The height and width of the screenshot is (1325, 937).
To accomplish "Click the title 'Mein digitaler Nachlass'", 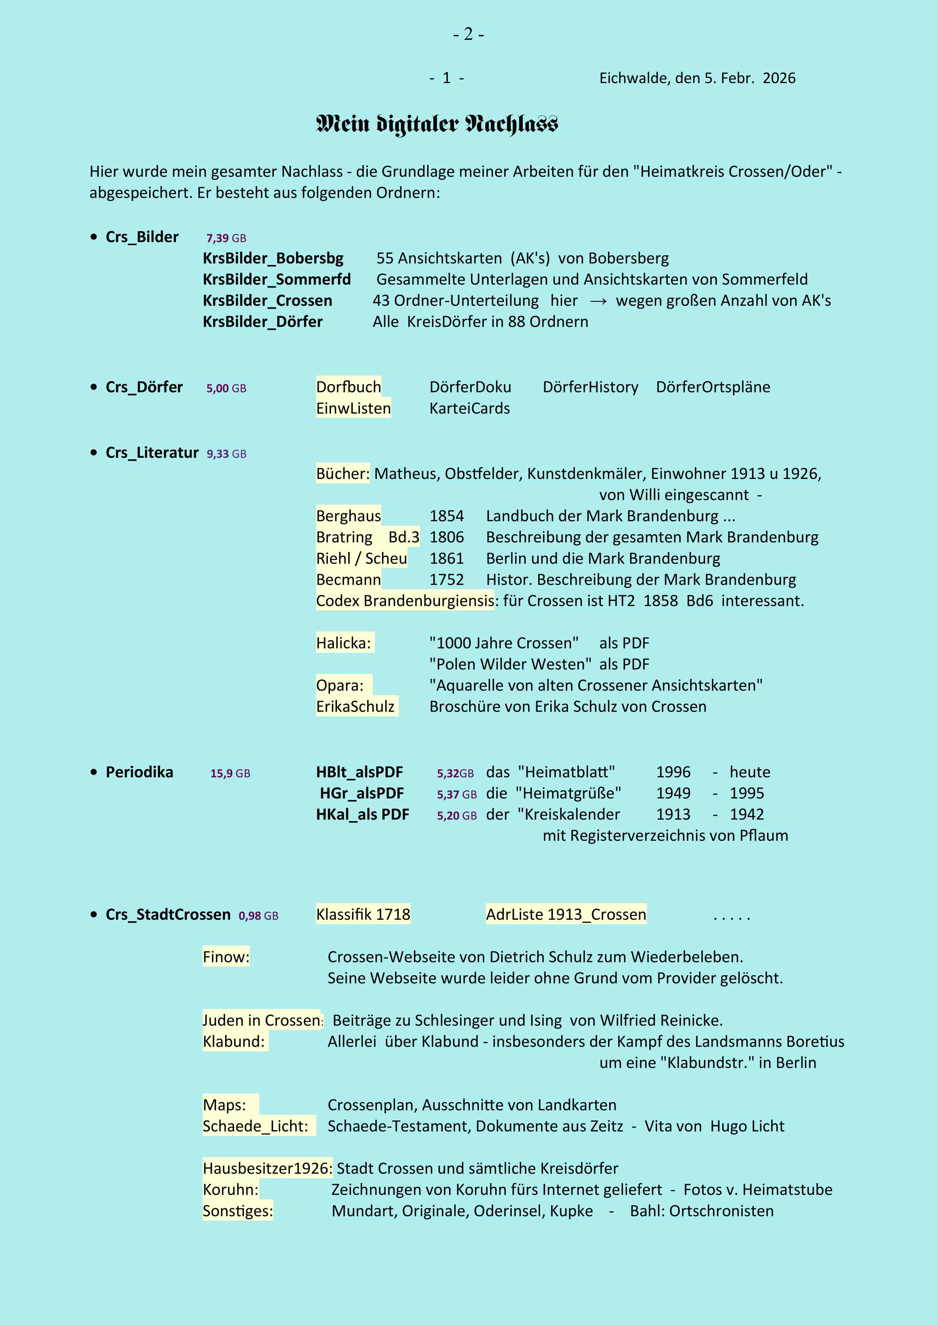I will pos(437,124).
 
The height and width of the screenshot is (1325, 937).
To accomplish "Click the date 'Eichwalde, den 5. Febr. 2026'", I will pos(697,78).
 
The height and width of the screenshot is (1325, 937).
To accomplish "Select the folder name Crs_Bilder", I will pos(142,237).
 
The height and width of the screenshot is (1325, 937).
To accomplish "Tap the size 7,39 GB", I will pos(226,238).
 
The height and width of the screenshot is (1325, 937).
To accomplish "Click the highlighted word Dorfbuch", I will pos(349,387).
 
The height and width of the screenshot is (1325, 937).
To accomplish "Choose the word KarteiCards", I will pos(470,409).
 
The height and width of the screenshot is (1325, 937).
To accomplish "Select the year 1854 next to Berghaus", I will pos(446,516).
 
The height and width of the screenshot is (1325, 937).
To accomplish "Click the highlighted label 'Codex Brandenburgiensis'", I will pos(405,601).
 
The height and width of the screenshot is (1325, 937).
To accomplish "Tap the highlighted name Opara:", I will pos(340,686).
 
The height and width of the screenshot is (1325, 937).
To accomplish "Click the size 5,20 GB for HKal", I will pos(456,815).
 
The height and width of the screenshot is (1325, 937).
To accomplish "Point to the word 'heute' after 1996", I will pos(749,772).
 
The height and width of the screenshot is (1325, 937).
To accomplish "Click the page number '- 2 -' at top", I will pos(468,35).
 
